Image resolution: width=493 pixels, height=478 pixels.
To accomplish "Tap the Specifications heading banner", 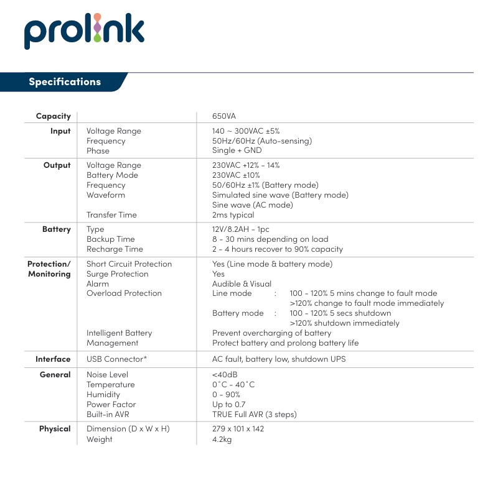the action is [65, 82].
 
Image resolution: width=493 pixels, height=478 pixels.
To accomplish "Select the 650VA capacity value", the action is [224, 116].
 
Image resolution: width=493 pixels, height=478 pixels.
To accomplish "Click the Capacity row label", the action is [53, 116].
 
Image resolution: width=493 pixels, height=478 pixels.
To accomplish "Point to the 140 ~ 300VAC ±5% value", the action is [246, 131].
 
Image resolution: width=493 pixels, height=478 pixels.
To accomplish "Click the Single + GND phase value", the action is [237, 151].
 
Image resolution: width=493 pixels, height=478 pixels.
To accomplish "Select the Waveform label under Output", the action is [106, 195].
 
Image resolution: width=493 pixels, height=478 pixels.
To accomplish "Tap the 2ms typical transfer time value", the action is [233, 215].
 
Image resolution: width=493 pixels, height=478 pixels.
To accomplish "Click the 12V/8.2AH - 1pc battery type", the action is [241, 229].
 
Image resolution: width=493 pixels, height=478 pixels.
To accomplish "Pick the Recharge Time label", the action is [115, 249].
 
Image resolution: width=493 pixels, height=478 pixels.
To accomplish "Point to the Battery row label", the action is [56, 229].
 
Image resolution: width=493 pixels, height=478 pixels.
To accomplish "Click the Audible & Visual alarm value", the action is [242, 283].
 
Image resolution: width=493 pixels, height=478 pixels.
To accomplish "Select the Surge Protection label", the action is [118, 273].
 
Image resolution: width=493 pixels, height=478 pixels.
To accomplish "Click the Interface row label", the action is [53, 359].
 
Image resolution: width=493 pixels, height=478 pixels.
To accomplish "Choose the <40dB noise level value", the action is [225, 375].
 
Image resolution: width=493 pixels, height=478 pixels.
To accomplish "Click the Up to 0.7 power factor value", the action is [228, 405].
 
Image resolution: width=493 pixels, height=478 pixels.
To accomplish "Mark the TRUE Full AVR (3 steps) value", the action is [255, 415].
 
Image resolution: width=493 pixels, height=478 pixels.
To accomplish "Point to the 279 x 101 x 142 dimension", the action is [238, 429].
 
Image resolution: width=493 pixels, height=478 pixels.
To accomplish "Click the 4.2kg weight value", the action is [223, 439].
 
